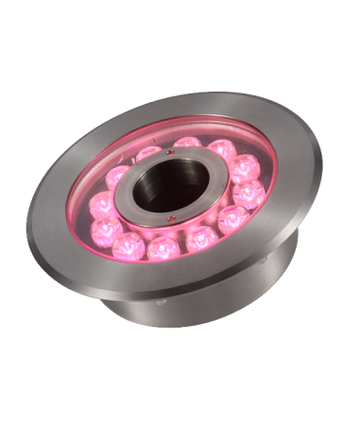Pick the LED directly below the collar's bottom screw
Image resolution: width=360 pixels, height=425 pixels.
coord(162,246)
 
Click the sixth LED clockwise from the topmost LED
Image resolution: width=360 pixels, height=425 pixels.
coord(162,246)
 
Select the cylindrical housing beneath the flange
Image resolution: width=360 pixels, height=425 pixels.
coord(189,302)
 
